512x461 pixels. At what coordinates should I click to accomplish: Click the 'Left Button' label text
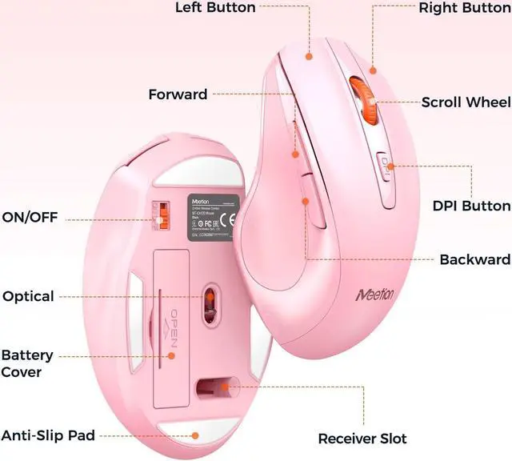215,8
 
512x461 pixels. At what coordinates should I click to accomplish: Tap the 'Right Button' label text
465,8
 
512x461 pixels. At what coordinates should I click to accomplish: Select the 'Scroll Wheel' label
466,102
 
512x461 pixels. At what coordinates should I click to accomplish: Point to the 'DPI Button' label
471,206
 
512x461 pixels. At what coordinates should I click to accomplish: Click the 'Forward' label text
178,94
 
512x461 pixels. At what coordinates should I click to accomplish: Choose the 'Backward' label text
474,260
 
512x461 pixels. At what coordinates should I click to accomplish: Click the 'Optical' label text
28,296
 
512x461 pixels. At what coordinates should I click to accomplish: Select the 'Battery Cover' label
27,363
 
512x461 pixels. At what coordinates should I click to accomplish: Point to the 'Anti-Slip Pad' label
48,436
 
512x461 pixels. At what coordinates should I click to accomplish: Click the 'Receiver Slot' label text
362,439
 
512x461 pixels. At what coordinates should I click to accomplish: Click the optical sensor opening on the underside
210,300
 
